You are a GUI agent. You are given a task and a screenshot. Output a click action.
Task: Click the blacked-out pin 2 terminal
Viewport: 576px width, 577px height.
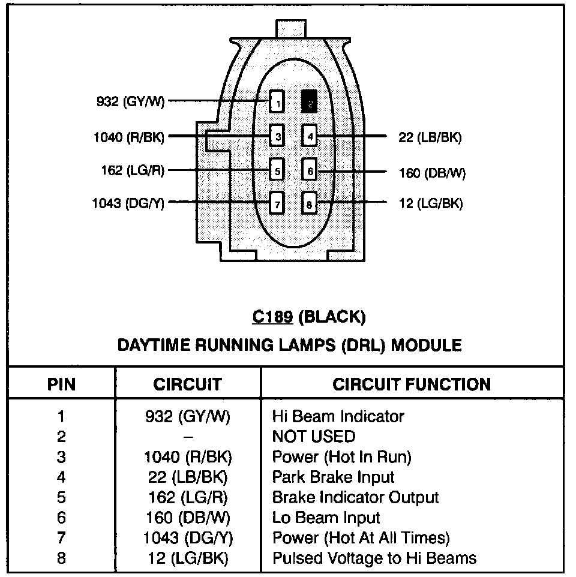pyautogui.click(x=310, y=103)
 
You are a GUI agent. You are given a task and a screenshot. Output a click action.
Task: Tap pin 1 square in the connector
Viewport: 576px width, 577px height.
pyautogui.click(x=277, y=103)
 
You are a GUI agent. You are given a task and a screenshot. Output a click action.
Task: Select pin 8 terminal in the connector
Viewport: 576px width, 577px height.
pyautogui.click(x=310, y=203)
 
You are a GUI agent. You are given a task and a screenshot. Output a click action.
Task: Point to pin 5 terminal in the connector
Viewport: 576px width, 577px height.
pyautogui.click(x=277, y=170)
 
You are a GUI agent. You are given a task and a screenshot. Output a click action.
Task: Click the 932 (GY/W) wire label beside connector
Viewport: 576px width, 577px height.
pyautogui.click(x=130, y=102)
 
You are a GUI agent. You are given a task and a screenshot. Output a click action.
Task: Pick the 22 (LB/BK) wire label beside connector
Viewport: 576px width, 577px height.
pyautogui.click(x=430, y=137)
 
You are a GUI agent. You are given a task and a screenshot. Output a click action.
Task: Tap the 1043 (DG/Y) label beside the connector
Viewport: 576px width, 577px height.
pyautogui.click(x=128, y=203)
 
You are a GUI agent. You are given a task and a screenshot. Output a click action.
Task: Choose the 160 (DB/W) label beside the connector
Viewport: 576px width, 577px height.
pyautogui.click(x=432, y=173)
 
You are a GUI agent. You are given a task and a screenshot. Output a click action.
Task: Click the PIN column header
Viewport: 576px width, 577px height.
pyautogui.click(x=61, y=384)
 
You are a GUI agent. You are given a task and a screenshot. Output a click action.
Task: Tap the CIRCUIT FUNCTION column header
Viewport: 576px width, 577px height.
pyautogui.click(x=412, y=384)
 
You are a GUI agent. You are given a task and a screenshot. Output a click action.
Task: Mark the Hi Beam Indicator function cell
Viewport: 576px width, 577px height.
pyautogui.click(x=338, y=416)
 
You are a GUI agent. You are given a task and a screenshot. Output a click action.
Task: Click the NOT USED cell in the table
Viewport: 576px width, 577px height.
pyautogui.click(x=313, y=437)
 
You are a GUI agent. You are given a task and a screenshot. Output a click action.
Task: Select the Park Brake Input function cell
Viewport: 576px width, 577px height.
pyautogui.click(x=334, y=477)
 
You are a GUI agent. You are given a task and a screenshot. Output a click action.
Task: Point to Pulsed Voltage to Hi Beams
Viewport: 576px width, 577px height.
pyautogui.click(x=374, y=558)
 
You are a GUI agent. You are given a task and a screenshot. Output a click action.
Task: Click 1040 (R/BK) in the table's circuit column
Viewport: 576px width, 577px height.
pyautogui.click(x=188, y=457)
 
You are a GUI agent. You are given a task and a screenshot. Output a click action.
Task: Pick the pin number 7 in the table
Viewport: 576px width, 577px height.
pyautogui.click(x=61, y=538)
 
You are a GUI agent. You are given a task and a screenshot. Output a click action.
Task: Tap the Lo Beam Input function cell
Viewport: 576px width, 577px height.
pyautogui.click(x=326, y=518)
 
